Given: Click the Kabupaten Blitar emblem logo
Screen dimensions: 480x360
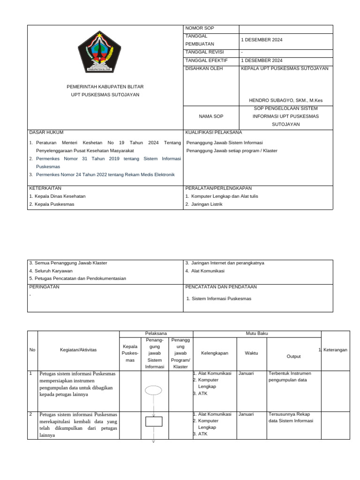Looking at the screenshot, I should pyautogui.click(x=99, y=52).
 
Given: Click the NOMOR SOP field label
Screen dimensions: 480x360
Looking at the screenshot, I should pyautogui.click(x=199, y=29).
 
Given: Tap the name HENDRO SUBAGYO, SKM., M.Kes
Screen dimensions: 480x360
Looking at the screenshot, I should pyautogui.click(x=285, y=100).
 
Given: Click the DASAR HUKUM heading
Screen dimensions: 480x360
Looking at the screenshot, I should pyautogui.click(x=46, y=133).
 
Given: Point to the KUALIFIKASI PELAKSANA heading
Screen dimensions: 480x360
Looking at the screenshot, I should pyautogui.click(x=213, y=133).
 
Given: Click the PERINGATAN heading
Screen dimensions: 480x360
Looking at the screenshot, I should pyautogui.click(x=45, y=287).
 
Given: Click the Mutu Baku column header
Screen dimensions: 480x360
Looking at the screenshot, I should pyautogui.click(x=256, y=333).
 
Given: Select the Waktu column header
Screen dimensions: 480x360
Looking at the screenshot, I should pyautogui.click(x=251, y=353).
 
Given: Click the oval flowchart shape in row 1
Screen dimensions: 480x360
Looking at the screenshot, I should pyautogui.click(x=153, y=390).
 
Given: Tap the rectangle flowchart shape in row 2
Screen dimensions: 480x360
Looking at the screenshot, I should pyautogui.click(x=153, y=421).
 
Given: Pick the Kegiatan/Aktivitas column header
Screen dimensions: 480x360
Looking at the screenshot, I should pyautogui.click(x=78, y=350).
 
